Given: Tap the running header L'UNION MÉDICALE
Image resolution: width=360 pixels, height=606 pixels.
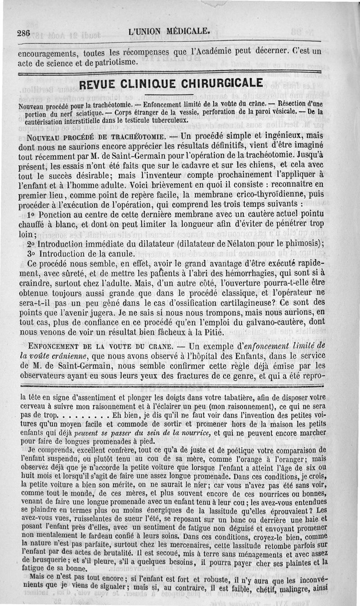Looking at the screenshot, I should pos(169,31).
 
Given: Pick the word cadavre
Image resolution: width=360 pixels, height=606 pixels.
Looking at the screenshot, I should pos(200,166).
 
